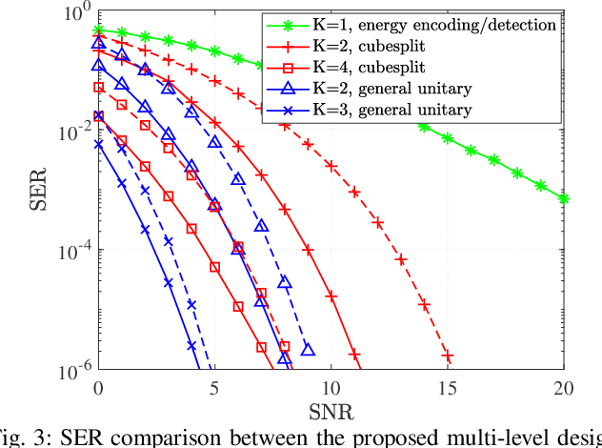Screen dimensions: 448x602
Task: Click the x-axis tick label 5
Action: coord(214,388)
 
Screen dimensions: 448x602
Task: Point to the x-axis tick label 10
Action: coord(330,388)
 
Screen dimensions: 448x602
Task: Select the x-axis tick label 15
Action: coord(446,388)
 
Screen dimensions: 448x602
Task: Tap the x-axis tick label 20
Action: coord(562,388)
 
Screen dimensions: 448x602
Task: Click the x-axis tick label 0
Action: coord(98,388)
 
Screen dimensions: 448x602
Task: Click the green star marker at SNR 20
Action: coord(563,198)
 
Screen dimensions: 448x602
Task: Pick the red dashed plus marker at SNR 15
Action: coord(447,356)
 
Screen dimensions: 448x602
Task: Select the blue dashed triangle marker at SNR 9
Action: coord(308,350)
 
